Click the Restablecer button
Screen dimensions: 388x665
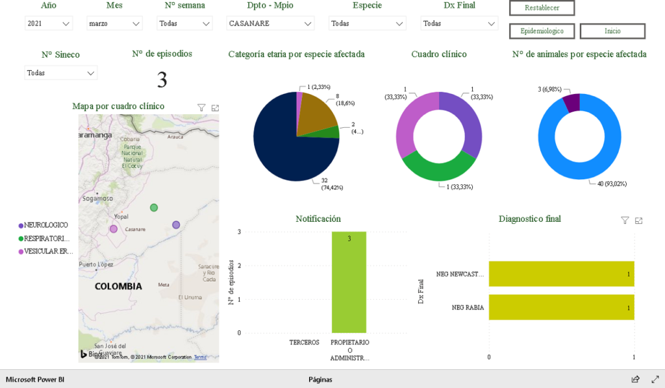click(542, 8)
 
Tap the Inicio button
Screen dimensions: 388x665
click(612, 31)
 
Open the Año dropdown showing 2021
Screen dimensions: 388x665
click(49, 23)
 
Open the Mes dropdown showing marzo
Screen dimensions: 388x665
click(114, 23)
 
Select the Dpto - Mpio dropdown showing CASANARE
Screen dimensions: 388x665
click(271, 23)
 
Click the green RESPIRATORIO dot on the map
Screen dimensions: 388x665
click(154, 208)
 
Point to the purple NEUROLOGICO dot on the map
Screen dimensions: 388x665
click(176, 225)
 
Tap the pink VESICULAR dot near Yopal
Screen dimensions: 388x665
click(114, 228)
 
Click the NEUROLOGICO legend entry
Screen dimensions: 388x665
click(45, 225)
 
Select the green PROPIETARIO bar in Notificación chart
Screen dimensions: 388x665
click(349, 282)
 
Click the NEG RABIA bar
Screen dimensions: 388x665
click(561, 308)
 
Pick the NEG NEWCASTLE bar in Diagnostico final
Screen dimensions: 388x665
click(561, 274)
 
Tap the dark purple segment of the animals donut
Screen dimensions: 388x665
click(571, 103)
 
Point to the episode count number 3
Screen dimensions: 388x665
click(162, 80)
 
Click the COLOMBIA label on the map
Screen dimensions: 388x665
click(118, 286)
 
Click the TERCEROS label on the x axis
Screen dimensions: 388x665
click(304, 342)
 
